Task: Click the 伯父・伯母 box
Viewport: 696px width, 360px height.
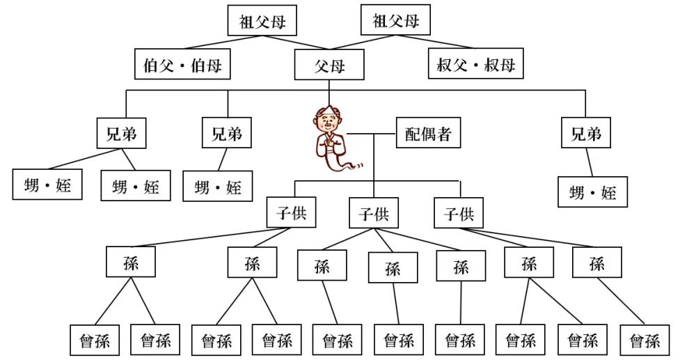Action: [x=182, y=65]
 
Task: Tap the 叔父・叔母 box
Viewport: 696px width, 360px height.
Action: [x=475, y=65]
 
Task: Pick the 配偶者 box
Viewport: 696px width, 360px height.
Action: [x=428, y=134]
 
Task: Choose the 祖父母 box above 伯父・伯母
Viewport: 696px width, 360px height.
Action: [x=262, y=21]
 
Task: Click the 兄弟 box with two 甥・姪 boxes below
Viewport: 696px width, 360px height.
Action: [x=121, y=134]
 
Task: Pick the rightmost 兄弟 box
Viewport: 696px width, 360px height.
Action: [x=586, y=134]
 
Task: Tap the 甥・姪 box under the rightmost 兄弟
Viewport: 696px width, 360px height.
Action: [x=592, y=192]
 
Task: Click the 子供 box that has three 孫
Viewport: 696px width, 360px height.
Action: [x=373, y=214]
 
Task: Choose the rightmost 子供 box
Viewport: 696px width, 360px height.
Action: [x=459, y=214]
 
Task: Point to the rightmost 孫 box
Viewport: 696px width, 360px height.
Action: [x=596, y=264]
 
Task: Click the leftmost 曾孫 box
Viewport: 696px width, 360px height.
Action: [x=95, y=341]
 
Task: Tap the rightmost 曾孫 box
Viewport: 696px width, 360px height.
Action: [x=644, y=341]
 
